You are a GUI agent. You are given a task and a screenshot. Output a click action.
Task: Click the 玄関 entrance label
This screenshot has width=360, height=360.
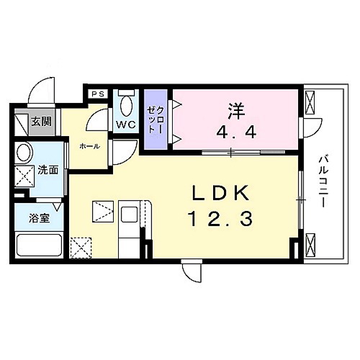pos(40,122)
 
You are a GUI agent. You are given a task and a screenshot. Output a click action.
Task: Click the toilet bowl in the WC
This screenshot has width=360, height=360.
pos(127,105)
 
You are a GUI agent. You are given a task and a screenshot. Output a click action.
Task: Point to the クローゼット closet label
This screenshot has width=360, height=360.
pos(156,120)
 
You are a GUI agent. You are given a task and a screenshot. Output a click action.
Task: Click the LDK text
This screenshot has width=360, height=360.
pos(220,194)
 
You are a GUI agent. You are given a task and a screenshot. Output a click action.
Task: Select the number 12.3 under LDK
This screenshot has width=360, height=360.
pos(220,218)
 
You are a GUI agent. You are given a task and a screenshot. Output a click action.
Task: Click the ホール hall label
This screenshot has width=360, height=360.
pos(89,146)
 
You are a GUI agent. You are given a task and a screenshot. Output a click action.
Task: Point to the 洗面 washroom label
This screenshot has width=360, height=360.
pos(48,171)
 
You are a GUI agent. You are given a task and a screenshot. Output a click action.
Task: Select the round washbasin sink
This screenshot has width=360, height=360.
pos(24,153)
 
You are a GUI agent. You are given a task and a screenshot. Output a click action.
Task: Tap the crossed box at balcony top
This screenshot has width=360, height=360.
pos(312,105)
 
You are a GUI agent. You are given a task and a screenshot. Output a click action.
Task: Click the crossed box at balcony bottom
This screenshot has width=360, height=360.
pos(312,245)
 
